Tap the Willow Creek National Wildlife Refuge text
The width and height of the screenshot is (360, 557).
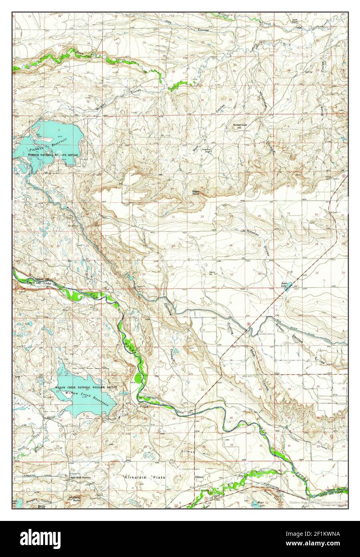(86, 388)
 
